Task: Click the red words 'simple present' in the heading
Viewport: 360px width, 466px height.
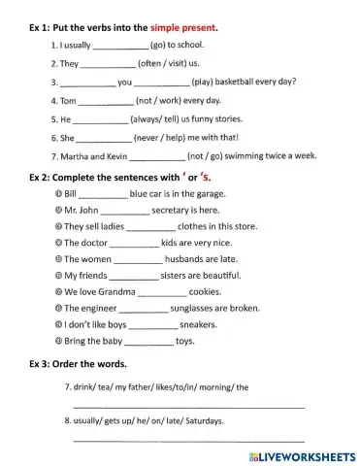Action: pyautogui.click(x=183, y=29)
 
